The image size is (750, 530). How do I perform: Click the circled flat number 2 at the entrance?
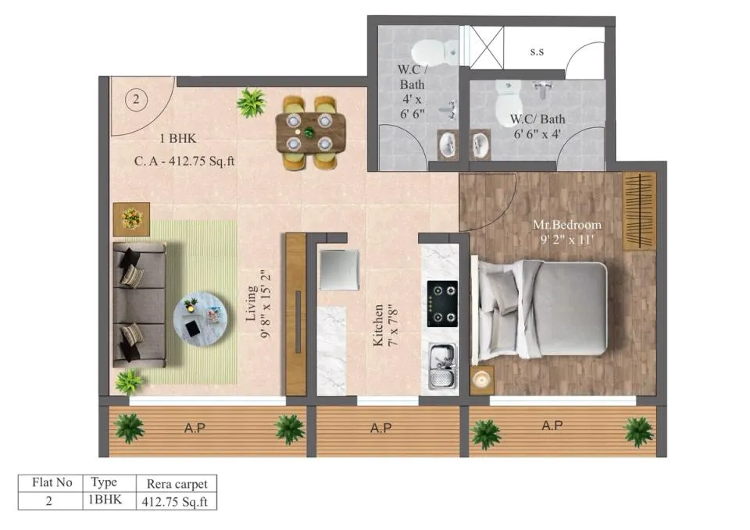click(x=136, y=99)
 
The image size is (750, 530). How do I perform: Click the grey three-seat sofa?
click(x=139, y=304)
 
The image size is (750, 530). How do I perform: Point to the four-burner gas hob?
click(x=442, y=304)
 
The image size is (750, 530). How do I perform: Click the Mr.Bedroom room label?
click(x=567, y=225)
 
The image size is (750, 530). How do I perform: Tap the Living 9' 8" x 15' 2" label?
click(x=259, y=304)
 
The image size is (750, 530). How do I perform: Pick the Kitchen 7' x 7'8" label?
click(x=385, y=325)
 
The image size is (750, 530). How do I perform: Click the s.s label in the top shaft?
click(x=537, y=52)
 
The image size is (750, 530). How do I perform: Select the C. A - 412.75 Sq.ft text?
click(x=184, y=161)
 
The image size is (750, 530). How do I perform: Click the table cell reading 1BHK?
click(x=105, y=500)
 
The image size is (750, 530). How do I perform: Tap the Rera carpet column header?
click(x=177, y=484)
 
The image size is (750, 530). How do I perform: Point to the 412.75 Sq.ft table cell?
click(x=174, y=502)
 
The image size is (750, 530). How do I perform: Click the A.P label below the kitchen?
click(x=381, y=428)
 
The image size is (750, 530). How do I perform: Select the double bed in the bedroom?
click(x=540, y=311)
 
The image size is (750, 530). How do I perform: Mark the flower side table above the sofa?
click(x=131, y=219)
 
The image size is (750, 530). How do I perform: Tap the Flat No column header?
click(x=52, y=482)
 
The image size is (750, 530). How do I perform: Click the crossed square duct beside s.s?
click(x=487, y=48)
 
